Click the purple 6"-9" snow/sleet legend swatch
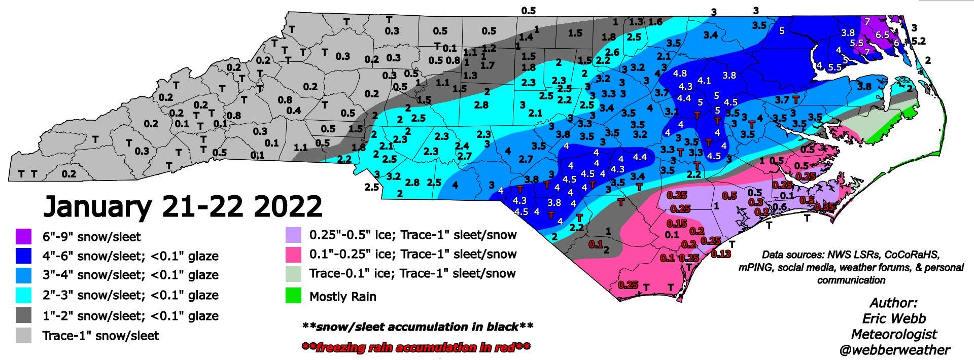(x=23, y=236)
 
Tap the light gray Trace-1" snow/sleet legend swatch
(x=23, y=336)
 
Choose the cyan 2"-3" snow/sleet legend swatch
(x=23, y=295)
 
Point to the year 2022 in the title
(x=286, y=207)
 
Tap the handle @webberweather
(x=894, y=350)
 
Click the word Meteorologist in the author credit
(x=894, y=334)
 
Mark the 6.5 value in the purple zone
(x=883, y=35)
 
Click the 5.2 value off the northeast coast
(x=919, y=41)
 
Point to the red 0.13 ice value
(x=720, y=254)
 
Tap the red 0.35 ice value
(x=824, y=207)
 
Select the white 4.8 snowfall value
(x=680, y=74)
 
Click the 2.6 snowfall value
(x=612, y=52)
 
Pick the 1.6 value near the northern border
(x=655, y=22)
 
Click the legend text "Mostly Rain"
(x=343, y=297)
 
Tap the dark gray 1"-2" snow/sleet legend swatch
(x=23, y=315)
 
